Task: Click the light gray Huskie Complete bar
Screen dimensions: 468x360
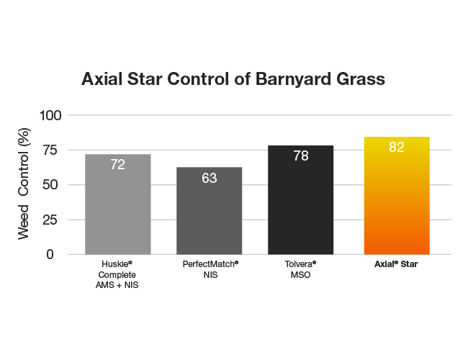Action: [x=118, y=204]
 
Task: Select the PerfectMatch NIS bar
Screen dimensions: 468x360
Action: [x=210, y=211]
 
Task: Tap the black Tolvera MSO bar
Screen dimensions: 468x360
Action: [x=300, y=200]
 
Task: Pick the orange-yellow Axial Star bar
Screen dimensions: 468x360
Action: [x=397, y=196]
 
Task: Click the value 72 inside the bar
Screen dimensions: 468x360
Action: [x=118, y=164]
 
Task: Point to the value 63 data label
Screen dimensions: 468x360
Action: [x=210, y=179]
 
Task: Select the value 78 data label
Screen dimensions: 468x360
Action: [x=300, y=156]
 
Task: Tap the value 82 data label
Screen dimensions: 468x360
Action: [x=397, y=147]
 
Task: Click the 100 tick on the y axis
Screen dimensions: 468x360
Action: [x=50, y=115]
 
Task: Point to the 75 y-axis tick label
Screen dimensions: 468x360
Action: [x=50, y=150]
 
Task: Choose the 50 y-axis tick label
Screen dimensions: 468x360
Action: [x=50, y=185]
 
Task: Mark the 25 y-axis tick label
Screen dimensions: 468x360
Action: [x=50, y=220]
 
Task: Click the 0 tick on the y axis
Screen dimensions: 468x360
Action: [x=50, y=255]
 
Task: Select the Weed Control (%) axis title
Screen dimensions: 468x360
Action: [x=24, y=184]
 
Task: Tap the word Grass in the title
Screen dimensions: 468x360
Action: [x=361, y=79]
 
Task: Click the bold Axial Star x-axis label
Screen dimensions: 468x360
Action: [x=396, y=264]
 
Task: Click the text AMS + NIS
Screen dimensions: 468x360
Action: [x=117, y=285]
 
